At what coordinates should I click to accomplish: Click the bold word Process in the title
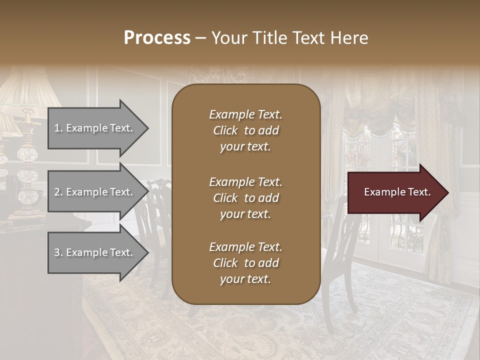tap(157, 38)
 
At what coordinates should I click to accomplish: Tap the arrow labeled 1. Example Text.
tap(95, 128)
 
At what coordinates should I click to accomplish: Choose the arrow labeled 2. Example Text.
tap(95, 192)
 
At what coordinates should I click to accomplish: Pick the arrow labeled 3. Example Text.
tap(95, 252)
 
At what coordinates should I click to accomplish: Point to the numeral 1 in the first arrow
tap(56, 128)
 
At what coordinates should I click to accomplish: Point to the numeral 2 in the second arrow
tap(56, 192)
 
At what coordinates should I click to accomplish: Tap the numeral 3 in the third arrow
tap(56, 252)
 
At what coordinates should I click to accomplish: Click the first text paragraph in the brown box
tap(245, 130)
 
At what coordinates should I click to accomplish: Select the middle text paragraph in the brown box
tap(245, 197)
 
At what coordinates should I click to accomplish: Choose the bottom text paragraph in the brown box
tap(245, 263)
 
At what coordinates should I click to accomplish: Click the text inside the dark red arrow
tap(397, 192)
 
